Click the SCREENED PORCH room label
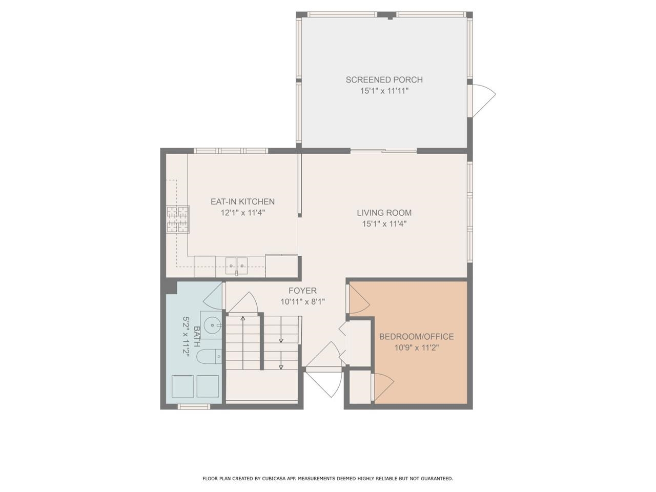pyautogui.click(x=384, y=79)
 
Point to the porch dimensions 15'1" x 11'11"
pyautogui.click(x=384, y=91)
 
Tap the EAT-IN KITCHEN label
pyautogui.click(x=242, y=201)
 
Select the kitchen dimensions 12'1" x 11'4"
pyautogui.click(x=242, y=213)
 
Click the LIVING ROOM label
pyautogui.click(x=384, y=213)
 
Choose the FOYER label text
pyautogui.click(x=302, y=291)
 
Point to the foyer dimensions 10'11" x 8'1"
pyautogui.click(x=302, y=302)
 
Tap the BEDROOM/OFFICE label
pyautogui.click(x=416, y=337)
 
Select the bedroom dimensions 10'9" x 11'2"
pyautogui.click(x=416, y=347)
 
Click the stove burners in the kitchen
pyautogui.click(x=177, y=219)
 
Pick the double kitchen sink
pyautogui.click(x=237, y=266)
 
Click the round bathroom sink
pyautogui.click(x=212, y=325)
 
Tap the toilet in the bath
pyautogui.click(x=210, y=356)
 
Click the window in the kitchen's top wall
pyautogui.click(x=231, y=151)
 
